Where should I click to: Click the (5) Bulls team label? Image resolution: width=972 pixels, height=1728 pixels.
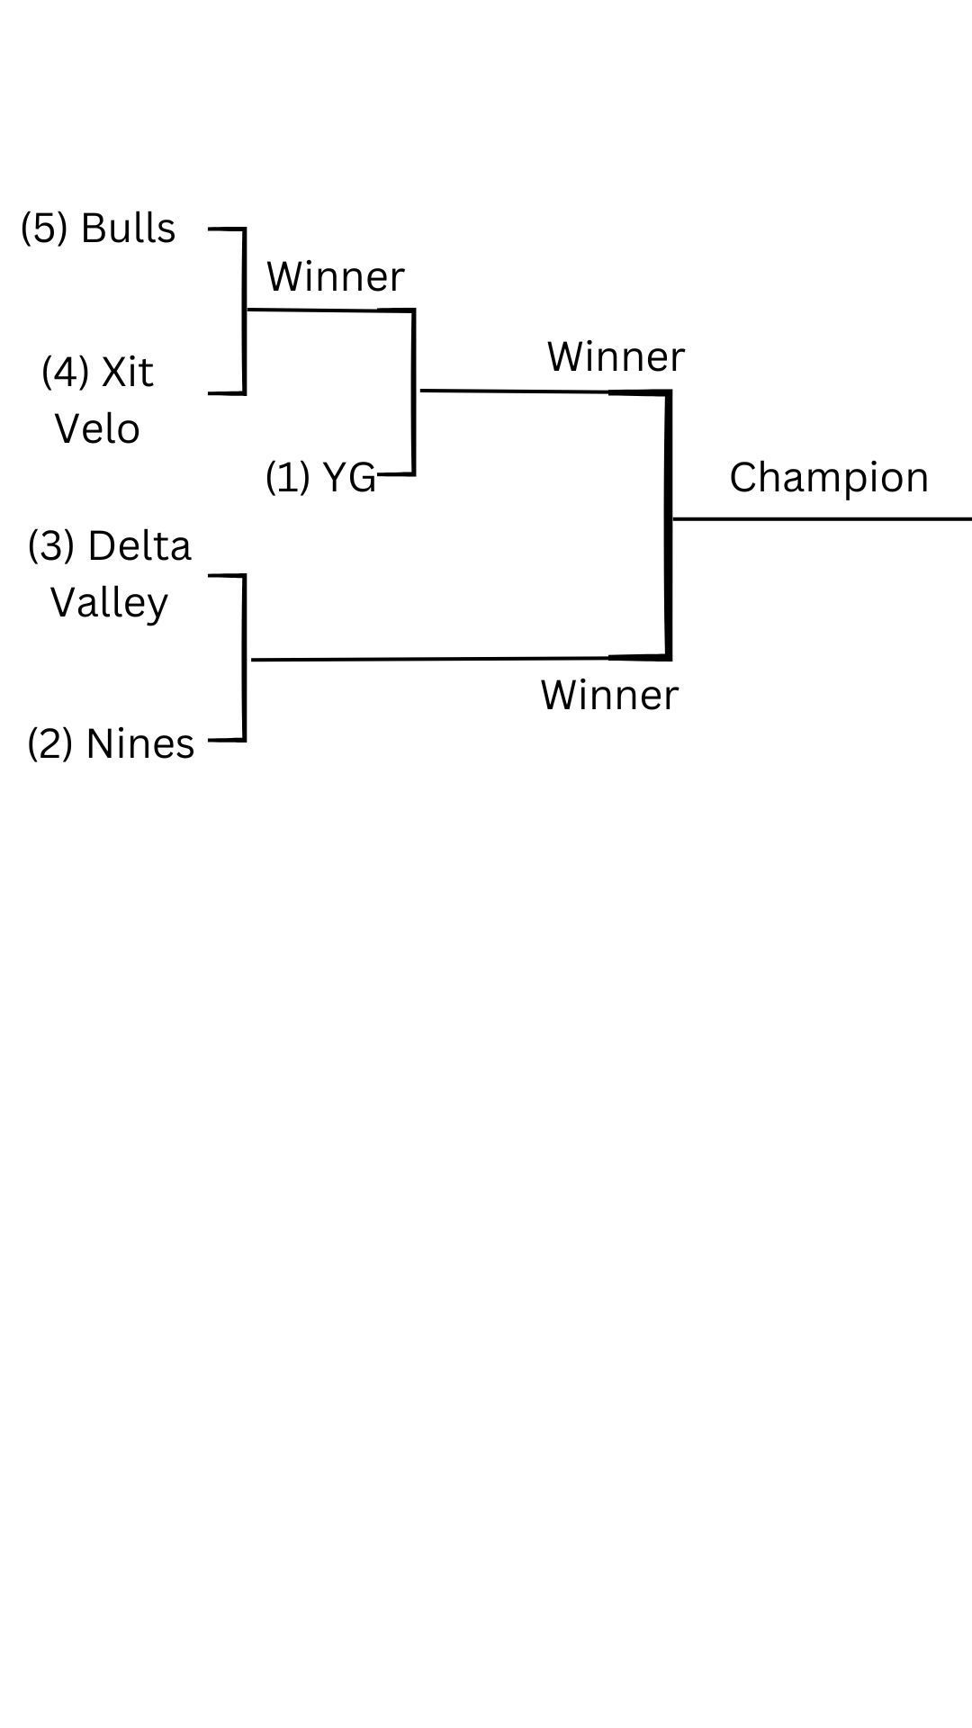click(x=98, y=229)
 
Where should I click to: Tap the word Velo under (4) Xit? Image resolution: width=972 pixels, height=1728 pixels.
click(x=97, y=428)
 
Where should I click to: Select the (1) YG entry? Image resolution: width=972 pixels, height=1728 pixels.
click(x=320, y=477)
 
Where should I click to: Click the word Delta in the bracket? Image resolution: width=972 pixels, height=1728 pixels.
click(x=139, y=545)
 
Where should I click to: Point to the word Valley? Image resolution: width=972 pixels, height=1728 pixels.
click(x=109, y=602)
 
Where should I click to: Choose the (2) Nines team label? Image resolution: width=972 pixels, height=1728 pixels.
click(x=111, y=744)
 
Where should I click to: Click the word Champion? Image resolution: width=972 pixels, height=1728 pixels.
click(x=828, y=477)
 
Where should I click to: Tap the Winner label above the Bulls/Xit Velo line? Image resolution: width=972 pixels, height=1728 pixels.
click(x=335, y=276)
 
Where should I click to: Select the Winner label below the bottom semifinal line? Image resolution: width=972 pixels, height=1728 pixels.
click(x=609, y=696)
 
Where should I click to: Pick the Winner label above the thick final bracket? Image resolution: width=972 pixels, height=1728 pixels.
click(x=616, y=357)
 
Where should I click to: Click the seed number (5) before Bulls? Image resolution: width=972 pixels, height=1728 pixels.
click(x=44, y=229)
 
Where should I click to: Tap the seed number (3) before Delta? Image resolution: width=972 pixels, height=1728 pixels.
click(x=51, y=546)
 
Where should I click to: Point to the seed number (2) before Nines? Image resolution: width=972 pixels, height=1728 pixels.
click(x=49, y=744)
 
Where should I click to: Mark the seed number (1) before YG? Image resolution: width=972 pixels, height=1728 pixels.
click(x=288, y=477)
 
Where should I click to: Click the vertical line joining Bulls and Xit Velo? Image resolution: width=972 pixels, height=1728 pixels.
click(x=244, y=311)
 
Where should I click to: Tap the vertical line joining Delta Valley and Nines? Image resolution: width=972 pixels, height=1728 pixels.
click(x=244, y=658)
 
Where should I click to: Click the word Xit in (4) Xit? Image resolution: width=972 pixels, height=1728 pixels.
click(x=127, y=373)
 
